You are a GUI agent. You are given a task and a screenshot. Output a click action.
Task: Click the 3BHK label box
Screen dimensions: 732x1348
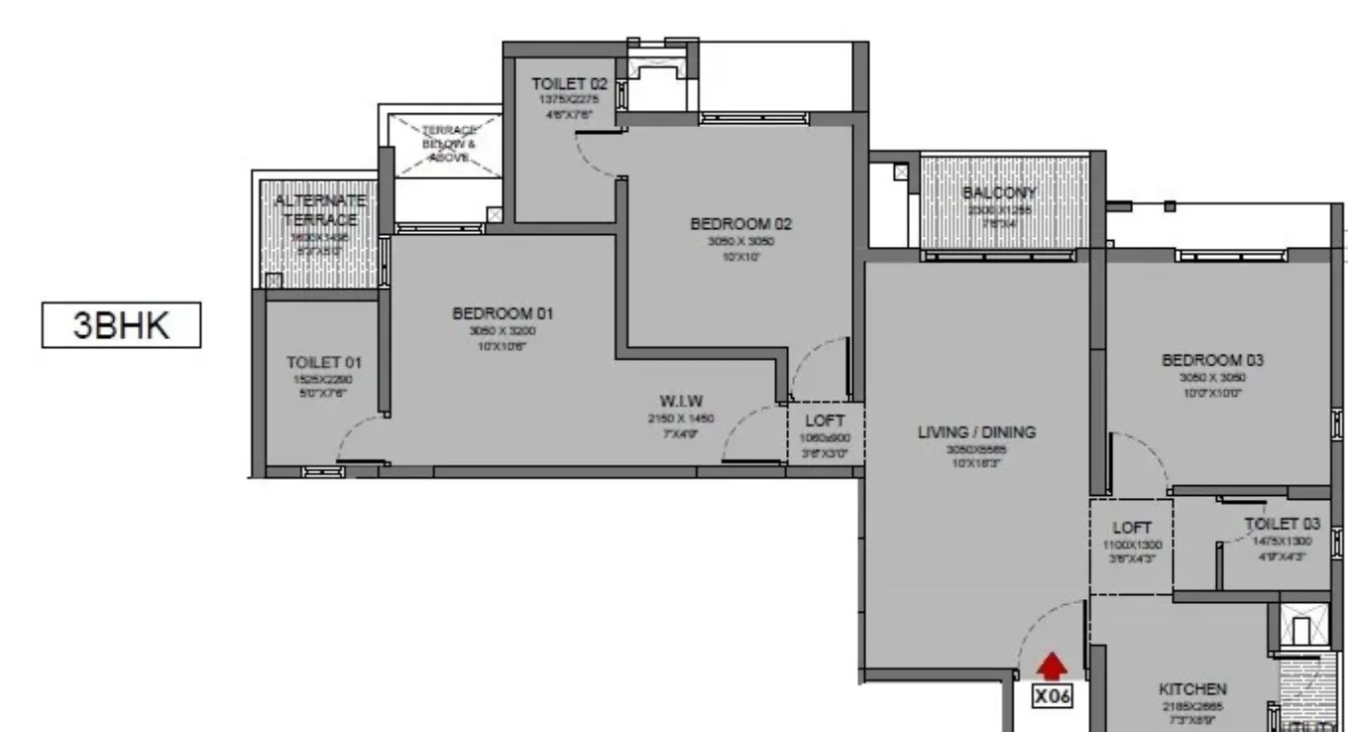121,326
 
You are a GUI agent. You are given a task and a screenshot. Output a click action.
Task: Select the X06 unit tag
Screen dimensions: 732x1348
1053,696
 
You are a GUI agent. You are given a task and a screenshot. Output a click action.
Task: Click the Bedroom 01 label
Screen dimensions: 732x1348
503,313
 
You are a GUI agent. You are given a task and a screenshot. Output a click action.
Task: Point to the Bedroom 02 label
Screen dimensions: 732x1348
741,224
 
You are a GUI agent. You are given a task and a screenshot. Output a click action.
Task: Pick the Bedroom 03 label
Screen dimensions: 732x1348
1212,360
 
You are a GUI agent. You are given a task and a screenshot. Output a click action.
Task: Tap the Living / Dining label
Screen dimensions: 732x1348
976,431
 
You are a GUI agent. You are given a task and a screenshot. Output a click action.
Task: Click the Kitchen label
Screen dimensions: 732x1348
1192,688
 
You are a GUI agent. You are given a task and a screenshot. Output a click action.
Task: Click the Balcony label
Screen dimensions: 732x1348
999,192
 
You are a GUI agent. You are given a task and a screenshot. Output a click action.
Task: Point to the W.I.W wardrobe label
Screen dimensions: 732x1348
680,402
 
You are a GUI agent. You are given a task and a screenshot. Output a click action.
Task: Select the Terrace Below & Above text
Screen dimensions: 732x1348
449,144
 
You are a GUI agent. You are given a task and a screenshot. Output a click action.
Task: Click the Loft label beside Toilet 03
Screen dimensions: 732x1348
1131,529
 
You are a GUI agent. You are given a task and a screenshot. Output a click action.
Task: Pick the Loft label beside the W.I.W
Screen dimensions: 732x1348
825,421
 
